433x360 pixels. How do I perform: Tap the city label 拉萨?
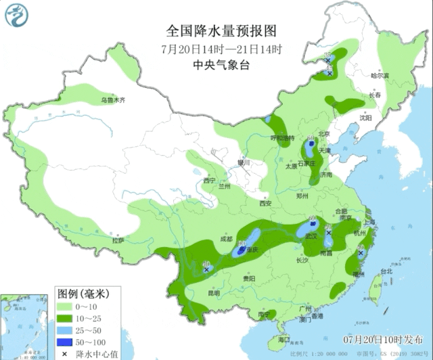pos(118,240)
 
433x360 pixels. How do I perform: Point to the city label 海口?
pos(283,339)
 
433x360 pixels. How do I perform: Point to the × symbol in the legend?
pos(65,353)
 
